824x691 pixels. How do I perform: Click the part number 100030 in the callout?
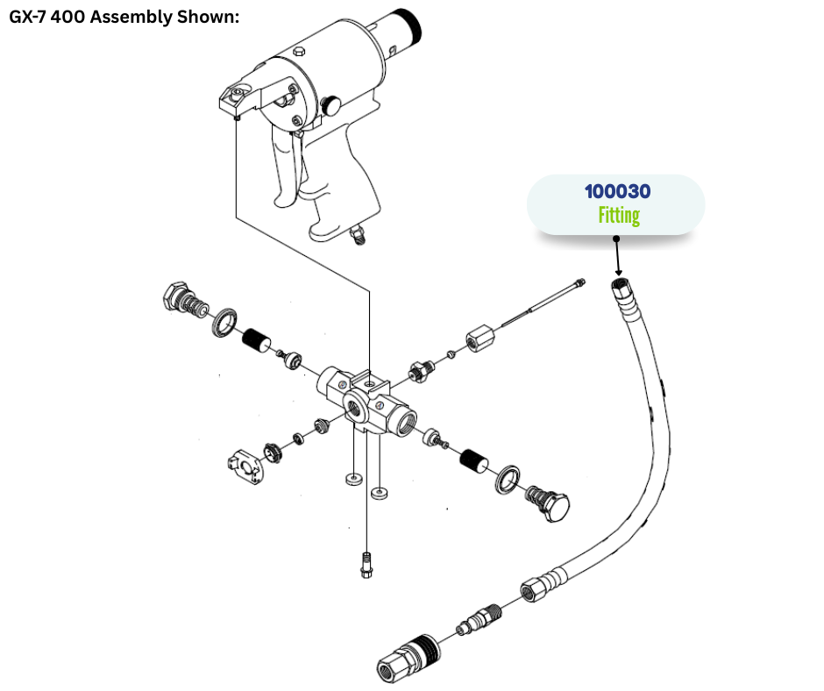(x=618, y=191)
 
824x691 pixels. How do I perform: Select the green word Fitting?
(x=619, y=216)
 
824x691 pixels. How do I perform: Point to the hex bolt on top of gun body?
(x=298, y=53)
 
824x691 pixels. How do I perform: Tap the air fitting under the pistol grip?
(x=357, y=234)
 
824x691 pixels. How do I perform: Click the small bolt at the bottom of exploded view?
(x=366, y=564)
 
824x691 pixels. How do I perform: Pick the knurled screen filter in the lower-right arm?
(x=476, y=459)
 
